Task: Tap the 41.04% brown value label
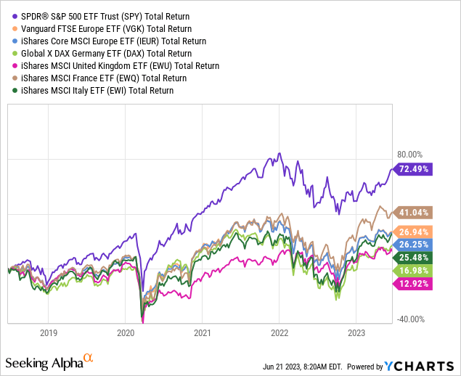pos(414,213)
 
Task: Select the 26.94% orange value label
pos(414,231)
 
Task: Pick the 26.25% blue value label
pos(414,244)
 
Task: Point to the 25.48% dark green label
pos(414,257)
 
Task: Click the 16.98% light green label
pos(414,270)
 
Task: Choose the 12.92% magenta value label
pos(414,283)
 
